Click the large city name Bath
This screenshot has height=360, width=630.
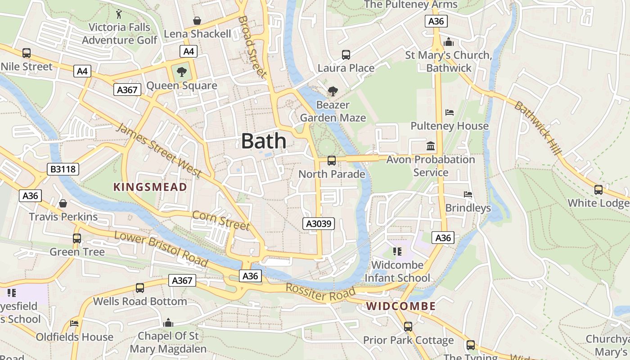click(264, 141)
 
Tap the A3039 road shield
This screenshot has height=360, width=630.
click(319, 224)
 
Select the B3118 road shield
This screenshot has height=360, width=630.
click(63, 169)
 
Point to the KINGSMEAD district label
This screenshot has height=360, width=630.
click(150, 187)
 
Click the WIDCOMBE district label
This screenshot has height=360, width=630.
click(400, 306)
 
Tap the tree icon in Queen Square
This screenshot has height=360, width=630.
click(182, 72)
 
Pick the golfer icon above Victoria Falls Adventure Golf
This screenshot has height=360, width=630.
click(119, 14)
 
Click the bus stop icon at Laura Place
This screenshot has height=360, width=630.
click(346, 55)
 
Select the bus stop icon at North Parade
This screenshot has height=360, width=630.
click(332, 160)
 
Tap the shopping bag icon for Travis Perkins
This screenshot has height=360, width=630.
click(63, 203)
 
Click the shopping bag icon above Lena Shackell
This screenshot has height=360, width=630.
click(197, 21)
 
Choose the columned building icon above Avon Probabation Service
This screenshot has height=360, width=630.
click(431, 146)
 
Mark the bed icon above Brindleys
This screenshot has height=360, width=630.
click(468, 194)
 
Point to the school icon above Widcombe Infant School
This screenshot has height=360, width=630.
click(397, 251)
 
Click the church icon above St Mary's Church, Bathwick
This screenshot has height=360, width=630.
click(448, 42)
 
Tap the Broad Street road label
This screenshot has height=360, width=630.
click(252, 47)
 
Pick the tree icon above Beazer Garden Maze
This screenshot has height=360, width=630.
click(333, 91)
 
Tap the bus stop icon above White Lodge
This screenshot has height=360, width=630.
click(598, 190)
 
